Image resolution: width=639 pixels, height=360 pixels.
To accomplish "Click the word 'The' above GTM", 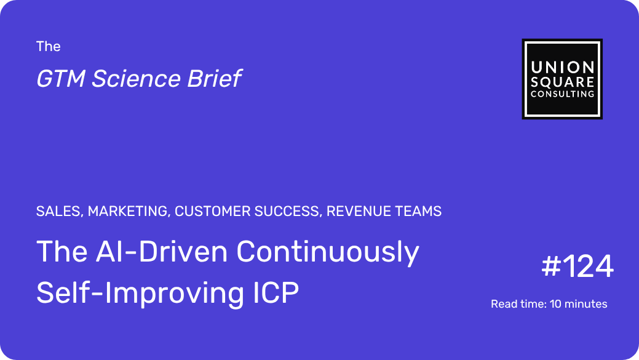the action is click(48, 47).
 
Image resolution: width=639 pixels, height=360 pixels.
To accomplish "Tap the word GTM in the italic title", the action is click(60, 78).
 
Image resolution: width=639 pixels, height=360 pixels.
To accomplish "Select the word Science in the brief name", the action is click(136, 78).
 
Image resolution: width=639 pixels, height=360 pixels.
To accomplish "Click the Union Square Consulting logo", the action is click(562, 79).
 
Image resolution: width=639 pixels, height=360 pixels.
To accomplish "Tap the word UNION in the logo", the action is click(562, 67).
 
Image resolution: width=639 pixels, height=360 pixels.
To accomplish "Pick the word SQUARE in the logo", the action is click(562, 82).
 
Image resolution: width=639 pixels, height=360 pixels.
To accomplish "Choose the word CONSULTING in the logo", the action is click(562, 94).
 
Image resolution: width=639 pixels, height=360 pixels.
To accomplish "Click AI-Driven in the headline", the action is click(162, 252).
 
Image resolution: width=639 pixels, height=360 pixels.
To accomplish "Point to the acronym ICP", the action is click(276, 292).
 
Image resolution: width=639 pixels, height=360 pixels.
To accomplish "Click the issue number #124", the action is click(577, 266).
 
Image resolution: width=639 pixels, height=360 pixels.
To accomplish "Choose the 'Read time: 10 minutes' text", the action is click(549, 304).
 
